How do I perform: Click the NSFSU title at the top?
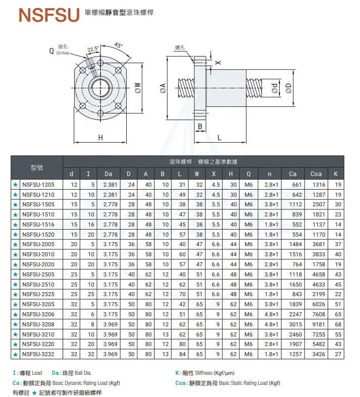49,15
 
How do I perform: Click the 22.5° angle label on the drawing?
93,49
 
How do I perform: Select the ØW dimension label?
138,88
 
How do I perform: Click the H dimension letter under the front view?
100,137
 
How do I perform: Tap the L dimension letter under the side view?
220,137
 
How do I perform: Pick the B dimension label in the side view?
200,126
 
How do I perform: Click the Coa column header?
316,174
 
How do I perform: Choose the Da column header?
108,174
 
